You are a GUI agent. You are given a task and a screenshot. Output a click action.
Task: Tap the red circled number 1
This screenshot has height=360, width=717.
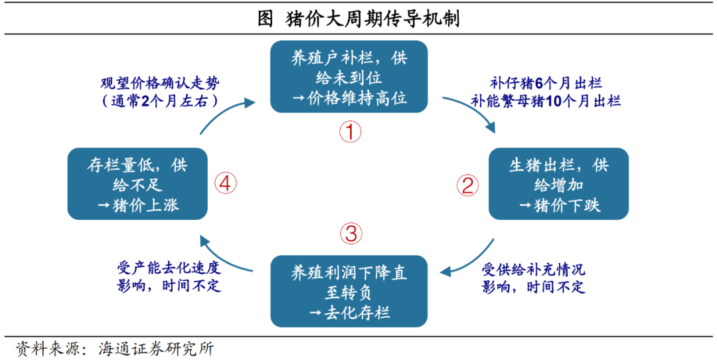click(350, 132)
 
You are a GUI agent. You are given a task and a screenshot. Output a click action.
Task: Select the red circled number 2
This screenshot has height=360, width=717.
click(468, 185)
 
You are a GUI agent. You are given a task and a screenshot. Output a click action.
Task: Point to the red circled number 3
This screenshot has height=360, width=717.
click(351, 234)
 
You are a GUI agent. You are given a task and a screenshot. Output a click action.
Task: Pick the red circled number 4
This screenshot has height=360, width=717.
click(226, 184)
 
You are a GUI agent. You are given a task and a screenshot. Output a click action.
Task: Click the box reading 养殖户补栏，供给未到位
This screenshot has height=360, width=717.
click(349, 77)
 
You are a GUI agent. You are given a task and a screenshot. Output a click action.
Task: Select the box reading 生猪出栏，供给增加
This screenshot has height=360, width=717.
click(559, 184)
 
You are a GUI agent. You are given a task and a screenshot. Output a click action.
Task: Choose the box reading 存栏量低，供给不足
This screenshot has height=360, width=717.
click(137, 184)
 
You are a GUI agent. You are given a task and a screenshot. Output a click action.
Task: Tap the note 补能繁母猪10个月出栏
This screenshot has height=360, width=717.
click(546, 101)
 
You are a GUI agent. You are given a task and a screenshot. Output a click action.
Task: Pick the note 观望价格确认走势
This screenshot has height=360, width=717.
click(160, 84)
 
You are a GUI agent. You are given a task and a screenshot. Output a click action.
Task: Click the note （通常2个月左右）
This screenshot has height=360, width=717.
click(160, 101)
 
